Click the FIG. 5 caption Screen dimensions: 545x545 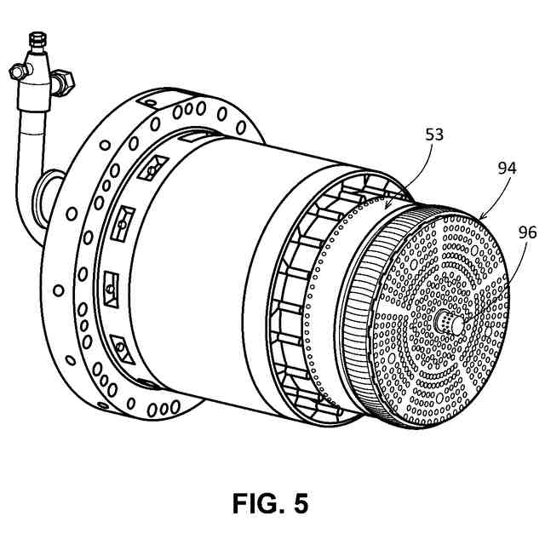pos(270,502)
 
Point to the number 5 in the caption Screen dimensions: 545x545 pos(299,502)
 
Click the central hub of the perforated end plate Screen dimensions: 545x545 pos(447,322)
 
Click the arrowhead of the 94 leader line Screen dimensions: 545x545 pos(482,217)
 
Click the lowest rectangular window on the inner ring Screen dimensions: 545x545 pos(120,347)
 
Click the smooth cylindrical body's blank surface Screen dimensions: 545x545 pos(213,255)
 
